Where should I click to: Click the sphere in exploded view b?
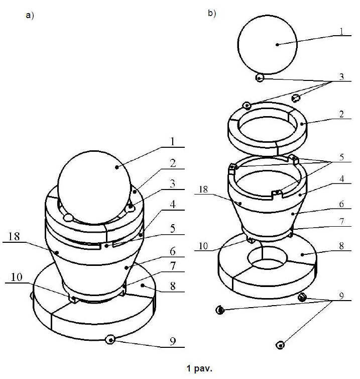point(267,45)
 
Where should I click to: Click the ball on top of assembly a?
point(95,187)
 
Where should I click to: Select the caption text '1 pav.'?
point(199,368)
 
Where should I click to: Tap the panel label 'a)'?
point(30,16)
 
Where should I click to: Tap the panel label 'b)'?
point(212,13)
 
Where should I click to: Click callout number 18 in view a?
point(14,236)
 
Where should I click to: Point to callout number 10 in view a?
point(17,277)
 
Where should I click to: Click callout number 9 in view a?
point(173,341)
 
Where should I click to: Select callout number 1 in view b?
point(341,32)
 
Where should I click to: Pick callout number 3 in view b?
point(341,76)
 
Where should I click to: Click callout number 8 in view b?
point(341,246)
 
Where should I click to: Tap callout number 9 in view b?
point(341,296)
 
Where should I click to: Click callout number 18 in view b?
point(203,190)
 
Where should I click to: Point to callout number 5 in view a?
point(172,228)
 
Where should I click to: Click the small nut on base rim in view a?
point(110,340)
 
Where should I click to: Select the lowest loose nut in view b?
point(280,345)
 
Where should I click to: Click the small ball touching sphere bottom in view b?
point(260,78)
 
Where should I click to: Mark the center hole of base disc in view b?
point(267,258)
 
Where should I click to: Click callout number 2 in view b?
point(341,114)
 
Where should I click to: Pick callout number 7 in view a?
point(172,266)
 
